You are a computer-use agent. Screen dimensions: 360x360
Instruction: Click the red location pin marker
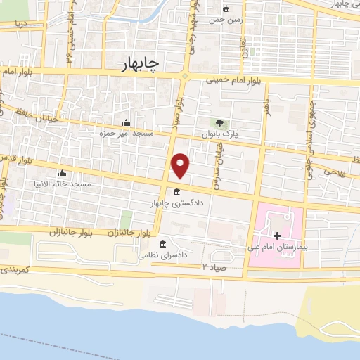[x=181, y=165]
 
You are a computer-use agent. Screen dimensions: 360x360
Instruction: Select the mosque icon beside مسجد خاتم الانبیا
[x=63, y=174]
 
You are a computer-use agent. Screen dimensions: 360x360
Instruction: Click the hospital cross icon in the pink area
[x=276, y=236]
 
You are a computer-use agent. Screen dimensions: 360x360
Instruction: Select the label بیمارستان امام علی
[x=276, y=247]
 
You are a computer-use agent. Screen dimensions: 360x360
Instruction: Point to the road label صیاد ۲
[x=214, y=267]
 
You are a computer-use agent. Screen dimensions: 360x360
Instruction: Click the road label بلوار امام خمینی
[x=236, y=81]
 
